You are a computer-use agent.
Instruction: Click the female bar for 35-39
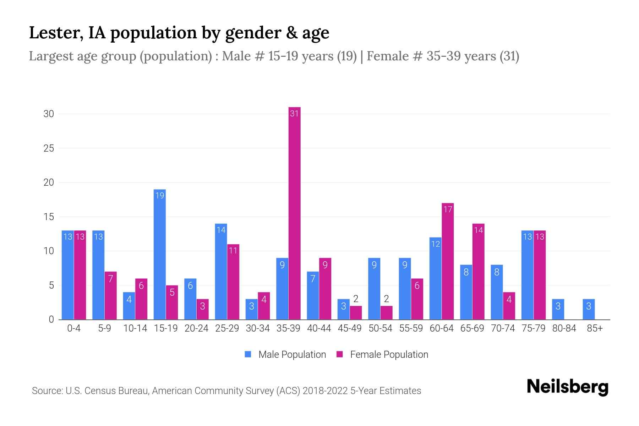[x=294, y=213]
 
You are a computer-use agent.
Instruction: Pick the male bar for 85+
[x=589, y=309]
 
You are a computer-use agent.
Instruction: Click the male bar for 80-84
[x=558, y=309]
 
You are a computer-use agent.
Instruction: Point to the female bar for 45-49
[x=356, y=313]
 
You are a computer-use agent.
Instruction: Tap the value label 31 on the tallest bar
[x=294, y=114]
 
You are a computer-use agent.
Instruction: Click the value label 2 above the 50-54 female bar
[x=386, y=299]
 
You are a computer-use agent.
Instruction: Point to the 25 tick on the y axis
[x=49, y=148]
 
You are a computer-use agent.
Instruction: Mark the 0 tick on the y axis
[x=51, y=319]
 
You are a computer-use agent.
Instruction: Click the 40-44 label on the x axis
[x=319, y=329]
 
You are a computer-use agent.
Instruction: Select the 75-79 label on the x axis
[x=533, y=329]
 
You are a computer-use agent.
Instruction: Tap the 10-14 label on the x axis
[x=135, y=329]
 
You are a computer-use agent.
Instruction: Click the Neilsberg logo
[x=567, y=387]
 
